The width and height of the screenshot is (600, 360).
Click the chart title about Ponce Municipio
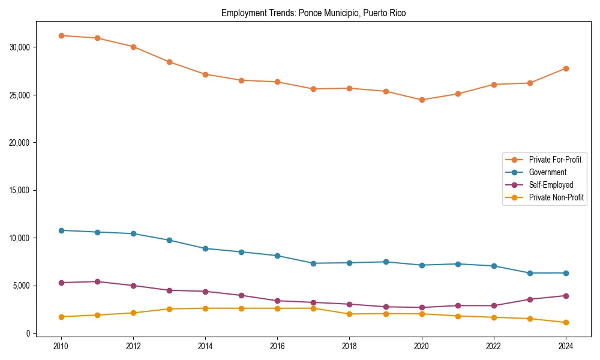[313, 13]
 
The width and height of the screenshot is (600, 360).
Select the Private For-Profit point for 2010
[61, 35]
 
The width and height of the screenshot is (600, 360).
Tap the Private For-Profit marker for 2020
[422, 100]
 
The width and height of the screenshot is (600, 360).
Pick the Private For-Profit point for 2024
[566, 68]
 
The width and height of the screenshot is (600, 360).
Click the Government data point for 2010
[61, 230]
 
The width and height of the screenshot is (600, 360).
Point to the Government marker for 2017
[313, 263]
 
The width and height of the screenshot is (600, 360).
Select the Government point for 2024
[566, 273]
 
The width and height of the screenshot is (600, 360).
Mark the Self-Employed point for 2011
[97, 281]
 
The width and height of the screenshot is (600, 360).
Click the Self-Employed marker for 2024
[566, 296]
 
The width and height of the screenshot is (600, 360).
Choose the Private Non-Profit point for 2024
[566, 323]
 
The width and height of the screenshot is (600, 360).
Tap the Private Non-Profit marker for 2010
[61, 317]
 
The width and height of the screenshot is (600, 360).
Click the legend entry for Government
[547, 172]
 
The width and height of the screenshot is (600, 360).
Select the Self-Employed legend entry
[551, 185]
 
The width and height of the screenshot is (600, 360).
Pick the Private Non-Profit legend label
[556, 197]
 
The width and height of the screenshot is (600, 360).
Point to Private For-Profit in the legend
[555, 160]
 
